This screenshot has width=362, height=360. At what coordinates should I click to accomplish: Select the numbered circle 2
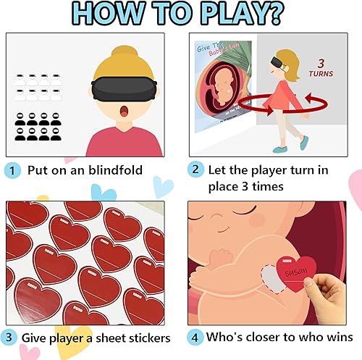tap(195, 171)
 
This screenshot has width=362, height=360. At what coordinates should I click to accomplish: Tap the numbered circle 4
tap(195, 338)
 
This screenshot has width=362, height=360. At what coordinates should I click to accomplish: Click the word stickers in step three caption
tap(148, 338)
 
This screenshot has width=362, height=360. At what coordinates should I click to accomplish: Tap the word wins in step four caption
tap(336, 338)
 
